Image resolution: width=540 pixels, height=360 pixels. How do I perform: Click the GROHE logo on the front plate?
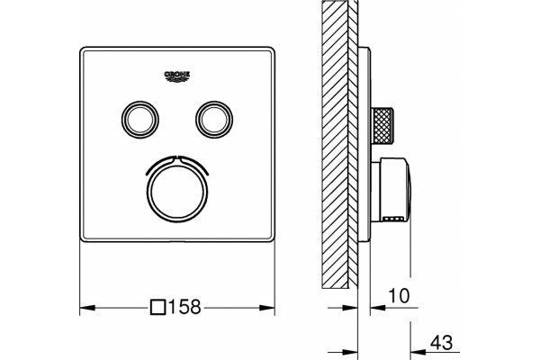[177, 76]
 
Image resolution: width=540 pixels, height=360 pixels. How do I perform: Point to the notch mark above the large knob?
[177, 158]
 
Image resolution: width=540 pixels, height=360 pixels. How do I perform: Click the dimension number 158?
[184, 307]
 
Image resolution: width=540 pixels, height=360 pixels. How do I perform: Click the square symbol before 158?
[158, 307]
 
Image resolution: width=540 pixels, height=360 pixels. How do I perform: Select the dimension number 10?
[399, 295]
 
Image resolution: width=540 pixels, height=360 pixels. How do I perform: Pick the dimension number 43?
[442, 342]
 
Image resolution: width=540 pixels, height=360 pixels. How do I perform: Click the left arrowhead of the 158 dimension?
[87, 307]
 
